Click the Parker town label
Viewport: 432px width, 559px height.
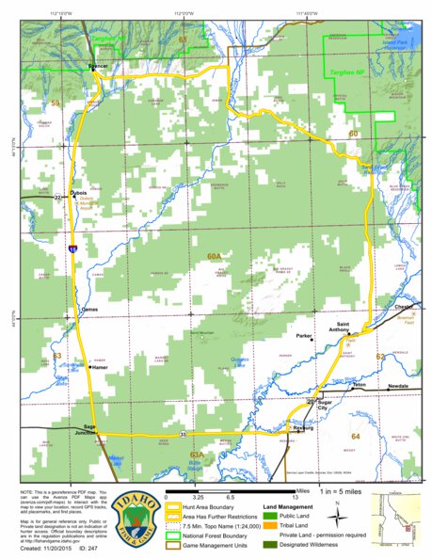[303, 334]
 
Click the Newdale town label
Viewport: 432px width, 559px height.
[398, 387]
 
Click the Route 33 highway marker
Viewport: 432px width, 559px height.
[183, 434]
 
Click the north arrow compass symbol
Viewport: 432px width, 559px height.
[337, 514]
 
